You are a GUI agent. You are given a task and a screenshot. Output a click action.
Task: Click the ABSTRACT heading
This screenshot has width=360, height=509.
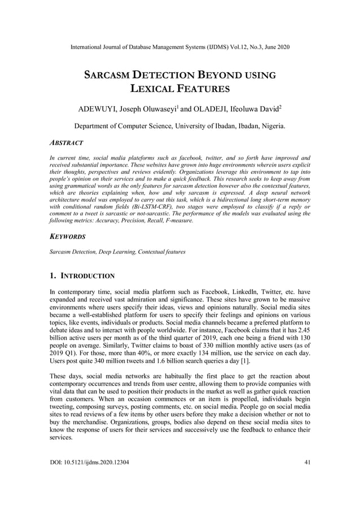67,144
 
